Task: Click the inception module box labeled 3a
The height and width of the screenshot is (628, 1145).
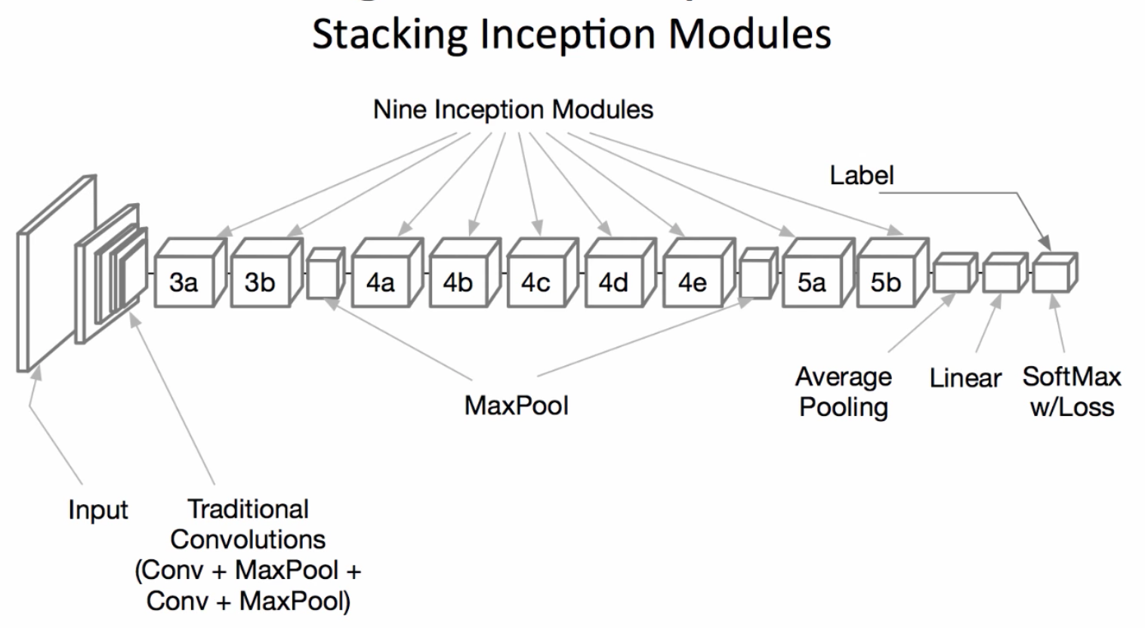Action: (x=184, y=282)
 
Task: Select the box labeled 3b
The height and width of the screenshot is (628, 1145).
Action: (x=260, y=282)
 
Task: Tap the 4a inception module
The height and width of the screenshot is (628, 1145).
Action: (x=380, y=282)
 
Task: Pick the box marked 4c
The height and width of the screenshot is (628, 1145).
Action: (x=535, y=282)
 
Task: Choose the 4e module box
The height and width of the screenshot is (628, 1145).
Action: (x=692, y=282)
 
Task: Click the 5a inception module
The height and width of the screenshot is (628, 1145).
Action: (x=811, y=282)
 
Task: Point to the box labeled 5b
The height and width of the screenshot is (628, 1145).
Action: (x=885, y=282)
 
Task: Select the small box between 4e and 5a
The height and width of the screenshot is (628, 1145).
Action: (x=756, y=277)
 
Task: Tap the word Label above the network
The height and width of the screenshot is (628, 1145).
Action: (x=861, y=175)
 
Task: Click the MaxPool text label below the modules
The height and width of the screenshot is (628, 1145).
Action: (x=516, y=405)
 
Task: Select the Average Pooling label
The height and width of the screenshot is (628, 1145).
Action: (x=843, y=391)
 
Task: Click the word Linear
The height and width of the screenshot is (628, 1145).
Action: (x=964, y=377)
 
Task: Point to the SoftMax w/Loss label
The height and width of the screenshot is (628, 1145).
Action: (x=1071, y=391)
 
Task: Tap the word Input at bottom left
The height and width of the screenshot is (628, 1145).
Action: (x=98, y=509)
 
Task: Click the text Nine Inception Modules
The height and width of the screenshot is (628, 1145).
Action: (x=513, y=109)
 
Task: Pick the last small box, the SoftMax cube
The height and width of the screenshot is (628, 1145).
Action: (x=1053, y=275)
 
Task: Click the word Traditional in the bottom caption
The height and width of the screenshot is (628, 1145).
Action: (x=248, y=509)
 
